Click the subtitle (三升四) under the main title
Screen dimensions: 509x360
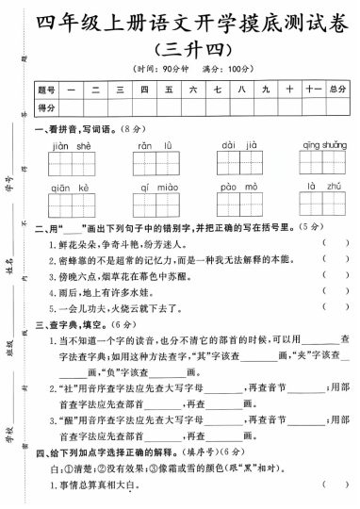click(x=194, y=49)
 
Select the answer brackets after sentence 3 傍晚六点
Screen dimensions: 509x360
click(x=334, y=280)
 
